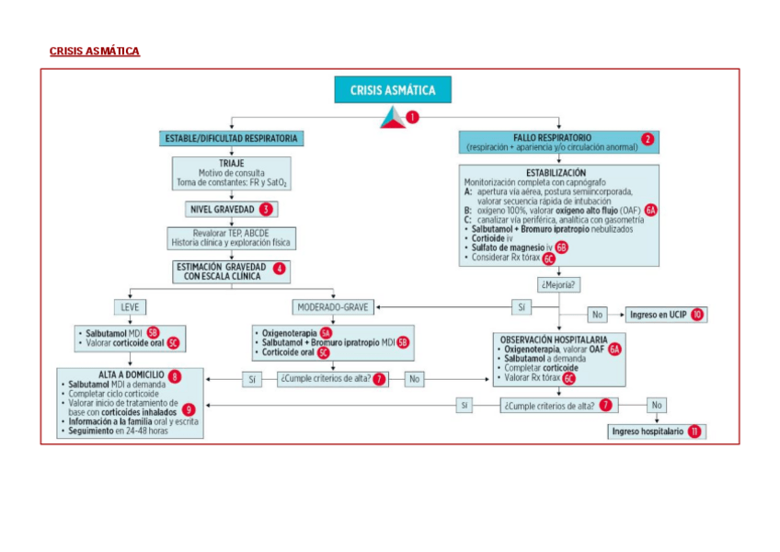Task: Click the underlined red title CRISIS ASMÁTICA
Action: [x=95, y=52]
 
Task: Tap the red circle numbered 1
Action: [x=412, y=118]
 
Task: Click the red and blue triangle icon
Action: [x=393, y=118]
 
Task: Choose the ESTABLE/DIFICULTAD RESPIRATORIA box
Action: [x=230, y=139]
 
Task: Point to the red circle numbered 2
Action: [x=648, y=140]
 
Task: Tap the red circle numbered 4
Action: [x=279, y=269]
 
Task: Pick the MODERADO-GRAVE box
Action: [x=333, y=306]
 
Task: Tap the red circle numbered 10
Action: [x=698, y=315]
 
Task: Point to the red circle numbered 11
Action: [x=694, y=431]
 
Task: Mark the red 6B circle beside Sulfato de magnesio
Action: [x=561, y=247]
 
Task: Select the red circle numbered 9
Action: [x=189, y=409]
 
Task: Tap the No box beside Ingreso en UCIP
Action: [x=598, y=315]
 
